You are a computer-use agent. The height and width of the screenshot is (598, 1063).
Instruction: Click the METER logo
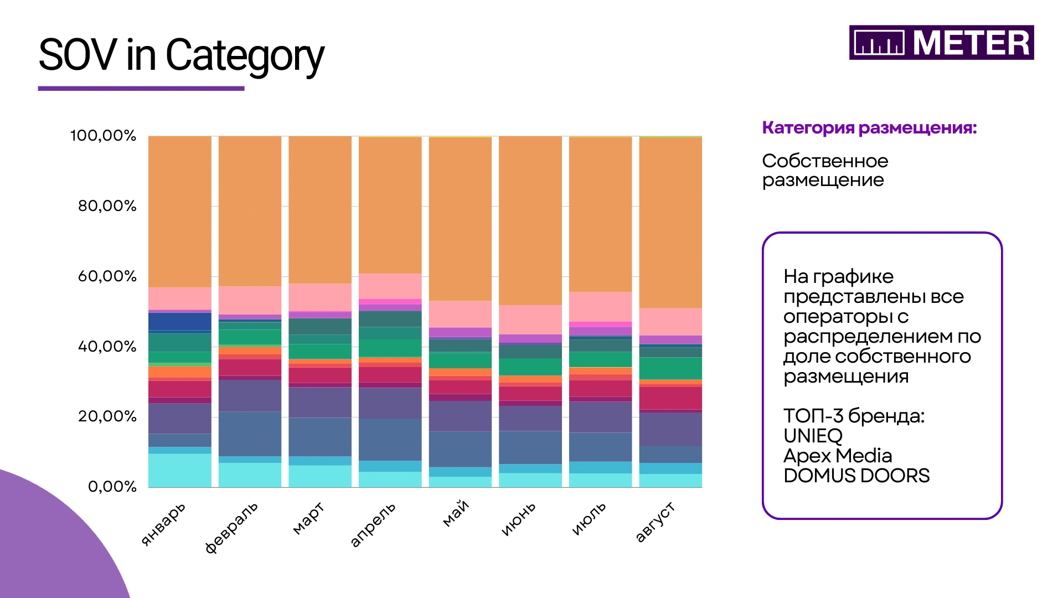coord(941,43)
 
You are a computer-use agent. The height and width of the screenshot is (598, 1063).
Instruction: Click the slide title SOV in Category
coord(181,55)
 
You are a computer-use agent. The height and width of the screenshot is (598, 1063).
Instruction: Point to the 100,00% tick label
coord(103,136)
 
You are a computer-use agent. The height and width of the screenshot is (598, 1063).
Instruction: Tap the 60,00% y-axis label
coord(107,276)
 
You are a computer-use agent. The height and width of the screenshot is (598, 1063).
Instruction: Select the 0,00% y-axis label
coord(112,487)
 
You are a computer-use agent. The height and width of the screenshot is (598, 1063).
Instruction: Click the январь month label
coord(163,524)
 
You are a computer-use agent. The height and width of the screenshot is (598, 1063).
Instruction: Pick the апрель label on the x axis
coord(373,524)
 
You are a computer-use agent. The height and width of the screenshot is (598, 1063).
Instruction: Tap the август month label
coord(655,522)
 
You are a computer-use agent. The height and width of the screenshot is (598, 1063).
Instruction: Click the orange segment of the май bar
coord(460,219)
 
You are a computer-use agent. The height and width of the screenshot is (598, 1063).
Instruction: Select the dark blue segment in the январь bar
coord(180,321)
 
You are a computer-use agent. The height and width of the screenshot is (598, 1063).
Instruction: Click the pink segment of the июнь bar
coord(530,319)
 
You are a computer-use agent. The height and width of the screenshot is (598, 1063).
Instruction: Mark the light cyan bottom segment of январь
coord(180,471)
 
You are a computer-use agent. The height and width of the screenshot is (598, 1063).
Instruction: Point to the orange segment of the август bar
coord(670,222)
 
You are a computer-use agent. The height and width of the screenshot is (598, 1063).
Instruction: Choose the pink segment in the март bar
coord(320,297)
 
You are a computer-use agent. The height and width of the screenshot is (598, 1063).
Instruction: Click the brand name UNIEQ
coord(813,436)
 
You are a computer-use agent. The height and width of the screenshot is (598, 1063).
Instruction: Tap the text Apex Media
coord(838,456)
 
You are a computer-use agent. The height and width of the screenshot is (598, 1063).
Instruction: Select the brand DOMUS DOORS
coord(856,476)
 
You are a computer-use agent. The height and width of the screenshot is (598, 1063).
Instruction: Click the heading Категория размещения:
coord(869,128)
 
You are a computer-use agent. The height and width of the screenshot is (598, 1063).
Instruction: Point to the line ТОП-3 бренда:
coord(854,416)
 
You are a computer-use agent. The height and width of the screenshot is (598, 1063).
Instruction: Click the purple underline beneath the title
coord(141,88)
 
